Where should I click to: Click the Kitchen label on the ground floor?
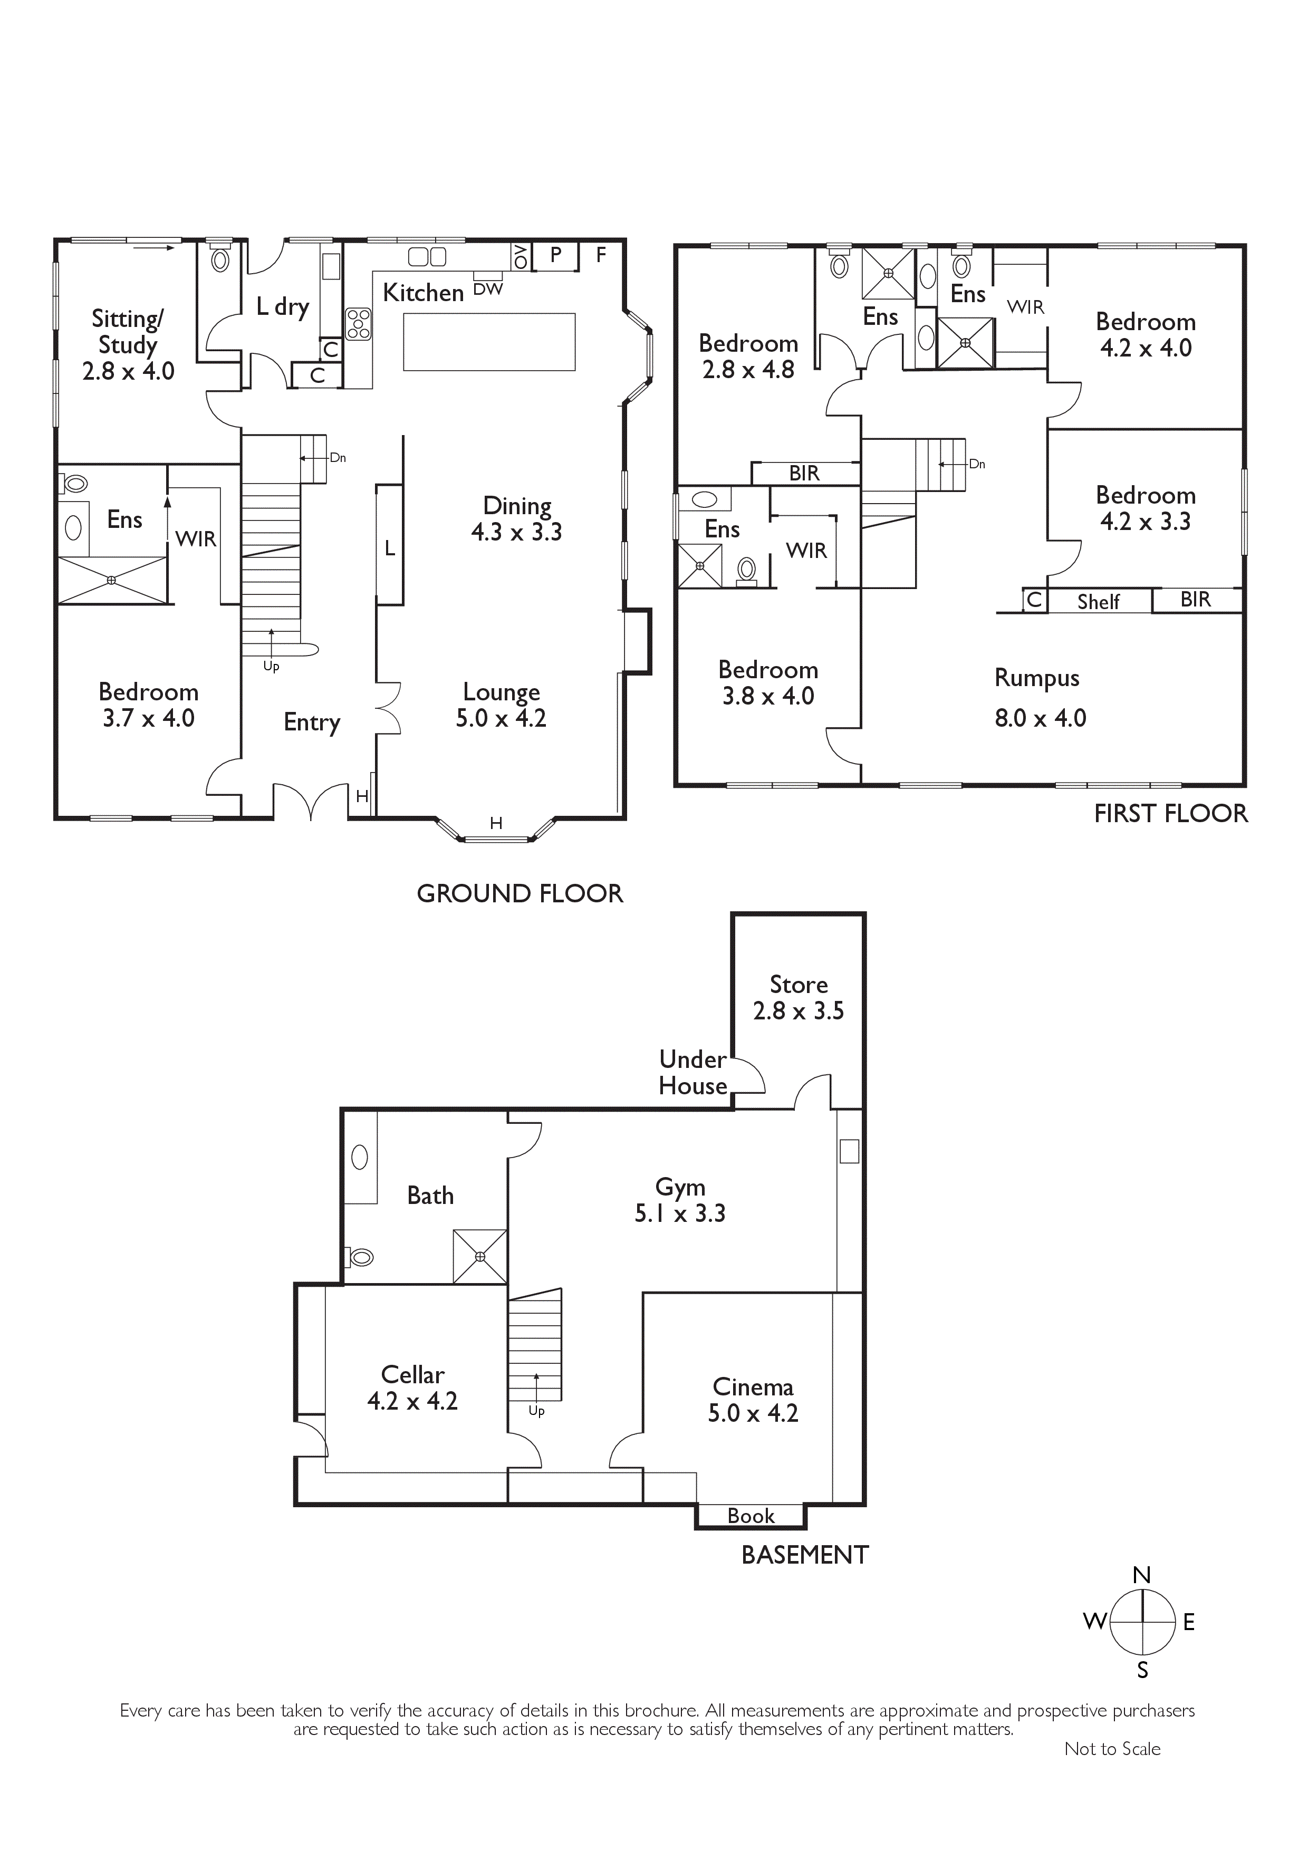point(423,293)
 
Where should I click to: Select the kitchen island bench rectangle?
point(489,342)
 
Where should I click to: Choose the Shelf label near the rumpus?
point(1099,602)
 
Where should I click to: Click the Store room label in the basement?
point(799,985)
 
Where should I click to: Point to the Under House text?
point(693,1073)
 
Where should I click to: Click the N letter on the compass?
point(1142,1575)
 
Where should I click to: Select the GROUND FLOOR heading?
point(520,893)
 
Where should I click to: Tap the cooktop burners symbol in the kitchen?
point(359,323)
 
